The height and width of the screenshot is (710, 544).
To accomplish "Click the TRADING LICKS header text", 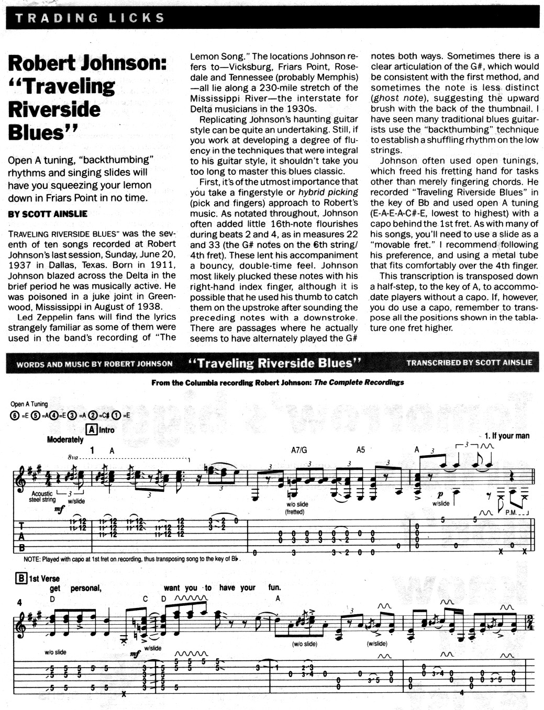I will point(90,18).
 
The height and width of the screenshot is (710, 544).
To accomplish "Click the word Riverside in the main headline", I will point(54,109).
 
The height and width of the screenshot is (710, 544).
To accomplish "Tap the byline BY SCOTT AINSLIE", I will point(48,213).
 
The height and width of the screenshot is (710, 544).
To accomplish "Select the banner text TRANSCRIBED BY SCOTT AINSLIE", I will point(469,362).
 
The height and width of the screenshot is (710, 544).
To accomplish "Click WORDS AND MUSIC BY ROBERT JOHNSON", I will point(94,364).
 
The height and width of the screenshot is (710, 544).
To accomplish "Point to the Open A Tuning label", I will point(29,404).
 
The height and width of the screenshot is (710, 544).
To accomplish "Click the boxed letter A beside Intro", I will point(92,430).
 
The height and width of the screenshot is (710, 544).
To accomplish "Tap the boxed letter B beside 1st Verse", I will point(21,578).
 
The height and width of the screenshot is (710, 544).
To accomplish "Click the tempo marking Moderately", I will point(65,439).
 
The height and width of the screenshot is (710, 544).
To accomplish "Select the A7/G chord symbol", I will point(299,450).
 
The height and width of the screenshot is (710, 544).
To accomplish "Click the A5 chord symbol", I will point(360,450).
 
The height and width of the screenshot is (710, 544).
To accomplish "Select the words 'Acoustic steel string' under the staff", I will point(42,497).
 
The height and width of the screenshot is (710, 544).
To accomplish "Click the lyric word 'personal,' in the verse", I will point(86,588).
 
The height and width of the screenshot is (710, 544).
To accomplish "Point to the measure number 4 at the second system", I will point(19,602).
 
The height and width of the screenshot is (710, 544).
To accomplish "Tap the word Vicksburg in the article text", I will point(247,67).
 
